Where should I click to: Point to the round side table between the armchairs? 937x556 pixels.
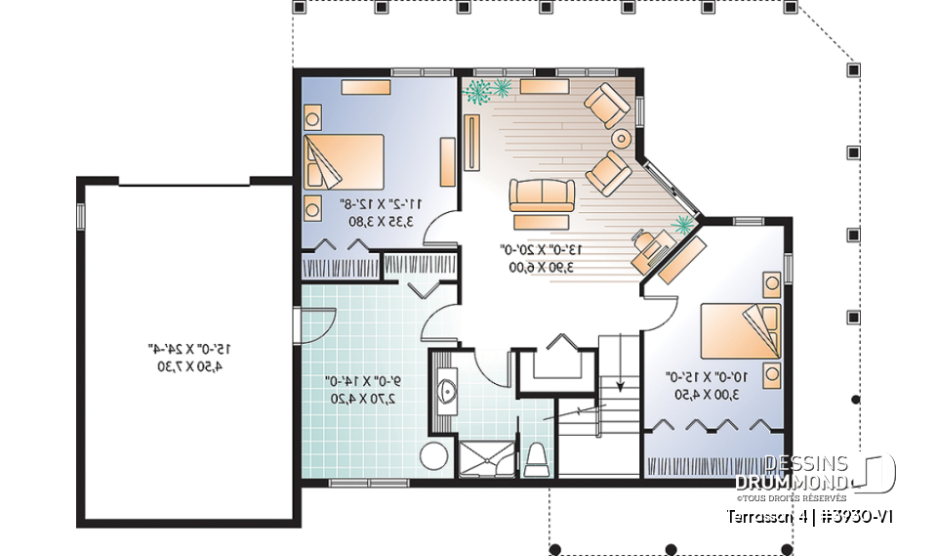coord(621,137)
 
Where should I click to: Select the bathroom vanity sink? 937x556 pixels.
coord(448,392)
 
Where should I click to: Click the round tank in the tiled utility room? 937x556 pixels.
coord(434,456)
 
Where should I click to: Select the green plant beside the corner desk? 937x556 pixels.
coord(682,225)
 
